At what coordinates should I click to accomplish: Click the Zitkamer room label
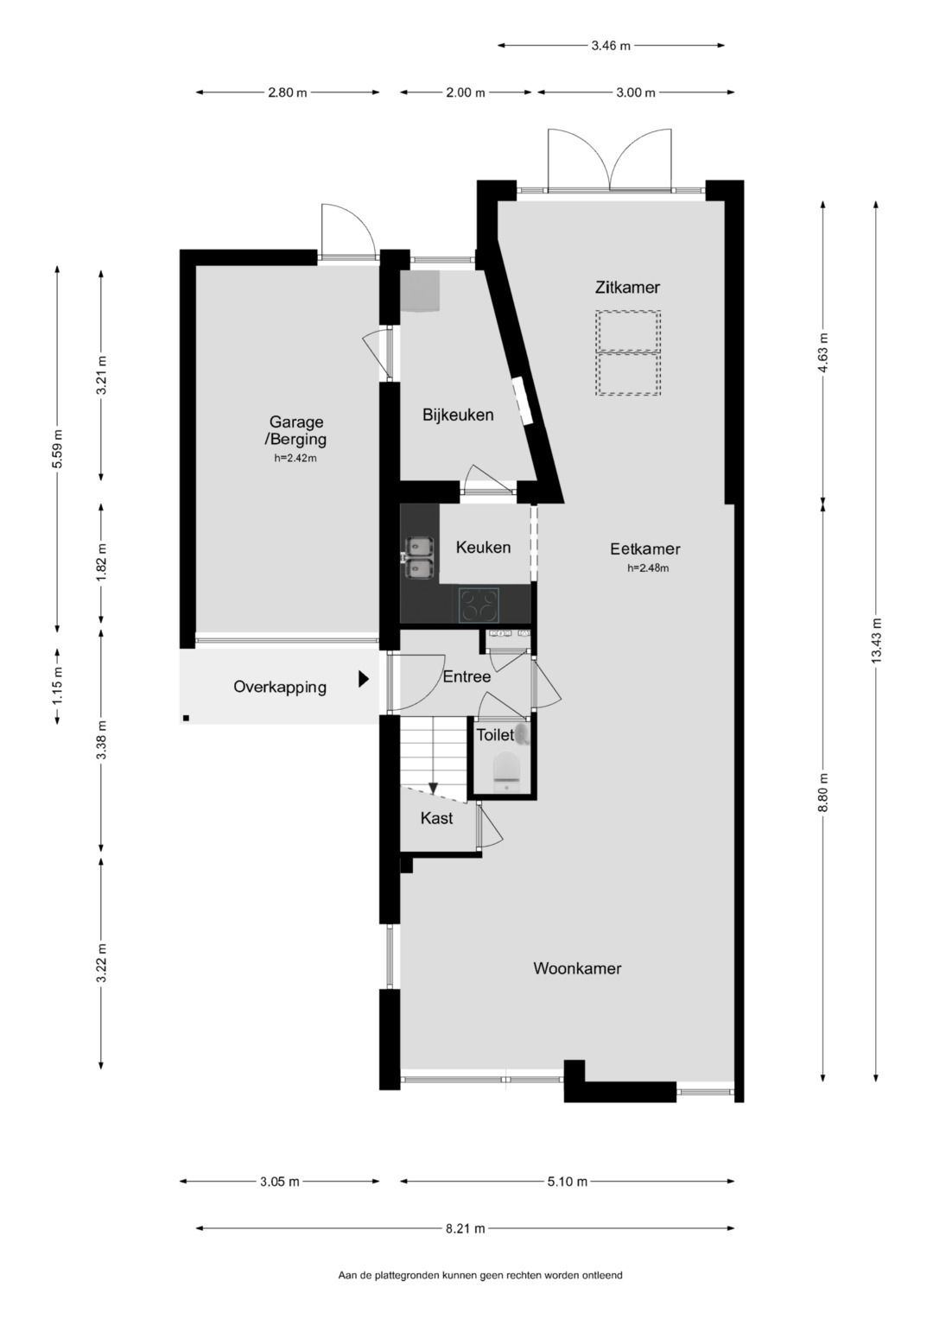pos(627,288)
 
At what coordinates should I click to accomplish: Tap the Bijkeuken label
pos(458,415)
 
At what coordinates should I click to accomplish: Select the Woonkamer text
pos(577,968)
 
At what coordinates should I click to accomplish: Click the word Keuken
pos(483,547)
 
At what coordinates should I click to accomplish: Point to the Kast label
pos(436,818)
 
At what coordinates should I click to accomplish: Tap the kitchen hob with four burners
pos(479,605)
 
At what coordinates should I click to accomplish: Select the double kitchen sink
pos(420,557)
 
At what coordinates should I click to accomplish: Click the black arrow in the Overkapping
pos(364,679)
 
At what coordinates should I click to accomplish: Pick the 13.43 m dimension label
pos(876,641)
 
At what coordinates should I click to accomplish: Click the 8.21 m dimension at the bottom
pos(465,1228)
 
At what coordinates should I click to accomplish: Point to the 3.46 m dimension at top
pos(611,46)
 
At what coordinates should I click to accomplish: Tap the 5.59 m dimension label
pos(57,448)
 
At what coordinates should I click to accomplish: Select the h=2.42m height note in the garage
pos(295,459)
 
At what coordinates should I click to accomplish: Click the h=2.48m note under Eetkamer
pos(648,568)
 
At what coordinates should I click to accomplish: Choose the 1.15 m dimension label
pos(57,687)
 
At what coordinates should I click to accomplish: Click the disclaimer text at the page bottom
pos(479,1275)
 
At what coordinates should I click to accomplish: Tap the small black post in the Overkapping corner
pos(186,717)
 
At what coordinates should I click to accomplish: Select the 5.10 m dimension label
pos(567,1182)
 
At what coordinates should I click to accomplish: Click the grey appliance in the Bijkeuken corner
pos(420,291)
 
